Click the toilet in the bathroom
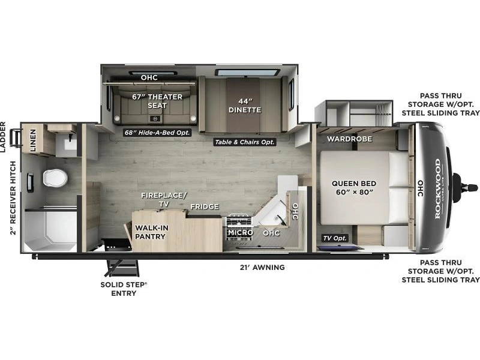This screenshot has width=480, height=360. pos(55,178)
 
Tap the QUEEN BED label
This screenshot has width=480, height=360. pos(354,188)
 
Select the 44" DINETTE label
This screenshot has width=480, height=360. pos(245,106)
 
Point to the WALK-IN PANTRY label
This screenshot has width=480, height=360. pos(150,232)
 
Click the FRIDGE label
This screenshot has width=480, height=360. pos(205,206)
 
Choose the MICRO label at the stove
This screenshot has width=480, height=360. pos(241,233)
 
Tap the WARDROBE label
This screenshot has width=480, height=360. pos(349,139)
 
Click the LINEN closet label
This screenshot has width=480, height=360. pos(33,140)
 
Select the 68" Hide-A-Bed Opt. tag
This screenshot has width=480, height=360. pos(157,133)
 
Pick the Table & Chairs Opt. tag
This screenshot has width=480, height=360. pos(245,142)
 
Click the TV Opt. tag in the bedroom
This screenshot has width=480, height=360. pos(335,238)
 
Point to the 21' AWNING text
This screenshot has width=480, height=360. pos(262,267)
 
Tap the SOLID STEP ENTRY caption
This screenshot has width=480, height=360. pos(124,289)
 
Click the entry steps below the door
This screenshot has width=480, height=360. pos(122,268)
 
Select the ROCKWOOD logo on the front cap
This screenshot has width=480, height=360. pos(439,188)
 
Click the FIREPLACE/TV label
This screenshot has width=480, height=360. pos(164,200)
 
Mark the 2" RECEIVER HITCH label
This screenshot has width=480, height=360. pos(13,198)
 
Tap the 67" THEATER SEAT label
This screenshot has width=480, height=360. pos(157,101)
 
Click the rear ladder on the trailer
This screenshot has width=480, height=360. pos(16,138)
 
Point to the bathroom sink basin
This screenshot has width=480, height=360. pos(70,143)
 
